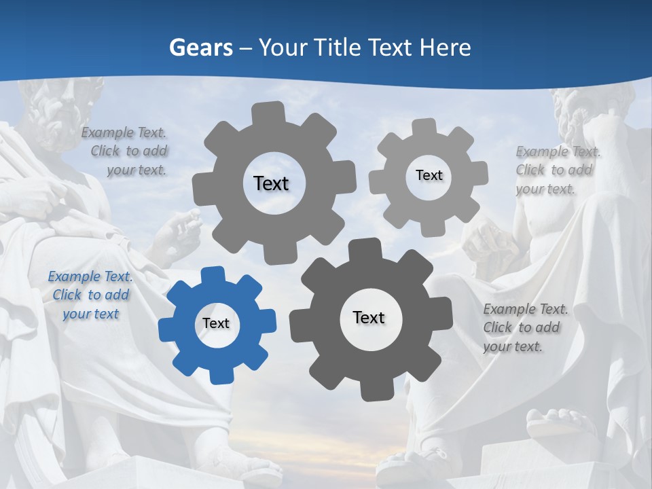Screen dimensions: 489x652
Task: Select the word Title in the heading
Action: tap(340, 48)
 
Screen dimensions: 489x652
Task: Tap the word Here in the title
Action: tap(446, 48)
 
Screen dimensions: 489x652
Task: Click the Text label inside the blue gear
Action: tap(216, 324)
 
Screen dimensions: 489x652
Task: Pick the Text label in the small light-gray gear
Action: tap(429, 175)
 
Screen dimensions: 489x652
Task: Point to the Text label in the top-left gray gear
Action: tap(271, 183)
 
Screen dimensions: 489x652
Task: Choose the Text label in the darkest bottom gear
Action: tap(369, 317)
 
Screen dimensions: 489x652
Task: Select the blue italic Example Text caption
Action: tap(90, 295)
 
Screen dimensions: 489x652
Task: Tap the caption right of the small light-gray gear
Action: tap(557, 170)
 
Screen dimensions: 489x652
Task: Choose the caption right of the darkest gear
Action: tap(524, 327)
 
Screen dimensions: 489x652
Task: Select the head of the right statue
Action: tap(584, 112)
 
